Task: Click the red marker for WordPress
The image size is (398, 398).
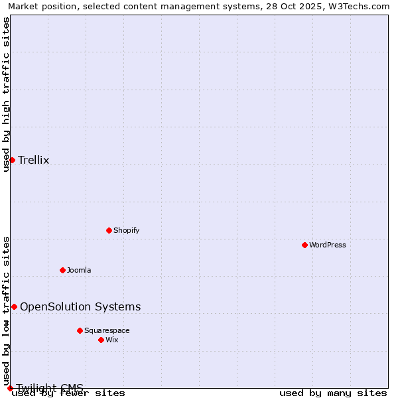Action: [x=304, y=245]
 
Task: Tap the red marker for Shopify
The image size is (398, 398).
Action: [x=109, y=230]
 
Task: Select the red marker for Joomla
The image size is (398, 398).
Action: [x=62, y=270]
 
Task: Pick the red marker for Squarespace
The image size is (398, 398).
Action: [x=80, y=330]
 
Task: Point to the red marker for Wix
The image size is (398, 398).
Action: [x=101, y=340]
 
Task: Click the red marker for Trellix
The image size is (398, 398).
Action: [x=12, y=160]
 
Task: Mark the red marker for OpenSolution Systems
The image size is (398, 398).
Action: [x=14, y=306]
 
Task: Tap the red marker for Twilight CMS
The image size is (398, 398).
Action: [x=10, y=388]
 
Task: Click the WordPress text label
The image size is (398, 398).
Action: [x=328, y=245]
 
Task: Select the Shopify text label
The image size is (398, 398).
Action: [x=127, y=230]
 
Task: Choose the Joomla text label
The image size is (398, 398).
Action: [x=79, y=270]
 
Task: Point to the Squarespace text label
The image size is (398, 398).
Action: [x=107, y=330]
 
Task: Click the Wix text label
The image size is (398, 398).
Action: [x=112, y=340]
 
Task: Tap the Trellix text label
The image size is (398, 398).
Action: [x=34, y=160]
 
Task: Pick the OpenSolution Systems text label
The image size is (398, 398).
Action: [x=80, y=306]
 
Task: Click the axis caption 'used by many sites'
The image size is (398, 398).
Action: [x=333, y=393]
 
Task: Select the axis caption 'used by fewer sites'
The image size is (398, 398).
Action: [x=68, y=393]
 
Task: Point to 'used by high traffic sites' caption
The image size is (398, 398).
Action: [x=6, y=94]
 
